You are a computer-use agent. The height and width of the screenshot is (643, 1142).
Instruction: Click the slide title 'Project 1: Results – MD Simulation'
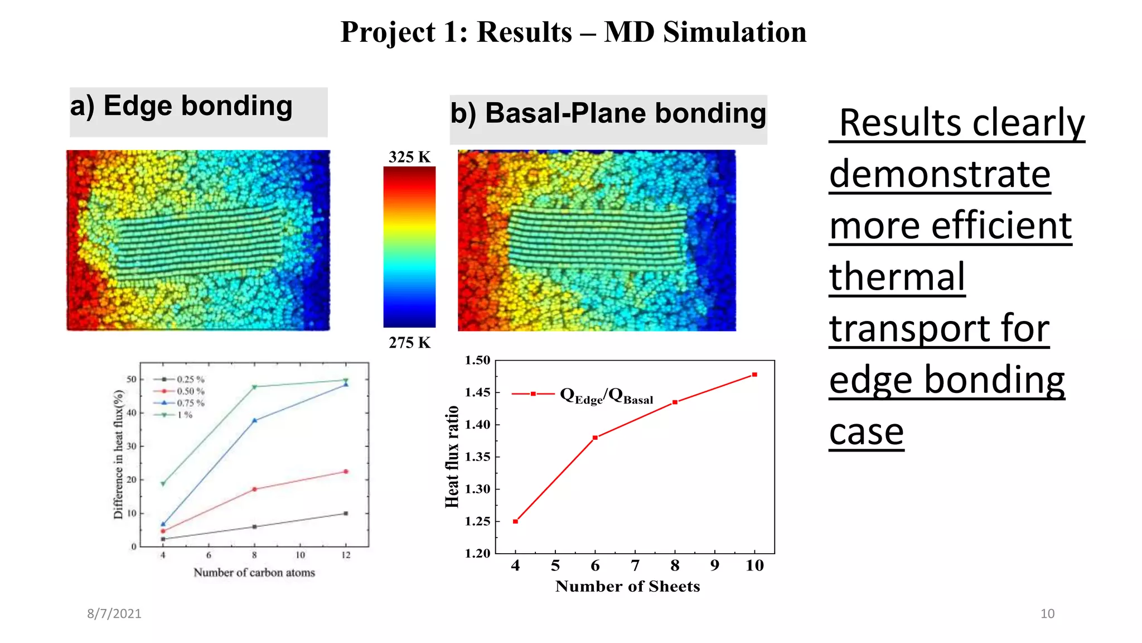point(573,32)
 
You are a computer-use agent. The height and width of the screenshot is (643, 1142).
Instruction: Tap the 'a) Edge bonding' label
point(181,106)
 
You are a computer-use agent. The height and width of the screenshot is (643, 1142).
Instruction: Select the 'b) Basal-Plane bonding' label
point(608,113)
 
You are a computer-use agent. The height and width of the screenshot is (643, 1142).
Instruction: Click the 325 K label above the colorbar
point(409,157)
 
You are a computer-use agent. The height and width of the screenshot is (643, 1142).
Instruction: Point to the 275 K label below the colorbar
point(409,343)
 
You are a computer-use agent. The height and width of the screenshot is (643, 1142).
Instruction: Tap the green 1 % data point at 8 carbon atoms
point(254,387)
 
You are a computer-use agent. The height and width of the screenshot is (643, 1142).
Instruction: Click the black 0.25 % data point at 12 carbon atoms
point(346,514)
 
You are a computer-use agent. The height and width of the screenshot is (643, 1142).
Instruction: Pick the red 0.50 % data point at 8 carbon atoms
point(254,490)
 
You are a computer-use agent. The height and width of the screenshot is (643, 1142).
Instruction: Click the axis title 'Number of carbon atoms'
point(254,573)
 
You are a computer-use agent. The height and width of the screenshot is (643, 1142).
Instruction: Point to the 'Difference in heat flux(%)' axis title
point(118,454)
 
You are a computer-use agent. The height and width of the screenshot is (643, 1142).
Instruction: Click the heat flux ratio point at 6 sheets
point(595,438)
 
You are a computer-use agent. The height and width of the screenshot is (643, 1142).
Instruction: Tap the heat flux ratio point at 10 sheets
point(754,375)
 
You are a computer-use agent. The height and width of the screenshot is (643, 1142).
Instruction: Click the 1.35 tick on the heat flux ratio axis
point(477,457)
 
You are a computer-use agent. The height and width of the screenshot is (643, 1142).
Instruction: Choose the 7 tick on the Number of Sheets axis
point(635,566)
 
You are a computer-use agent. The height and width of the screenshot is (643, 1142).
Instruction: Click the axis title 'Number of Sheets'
point(627,587)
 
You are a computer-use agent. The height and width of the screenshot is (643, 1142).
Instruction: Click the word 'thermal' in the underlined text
point(897,277)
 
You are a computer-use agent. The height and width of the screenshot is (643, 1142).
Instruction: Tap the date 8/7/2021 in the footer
point(114,614)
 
